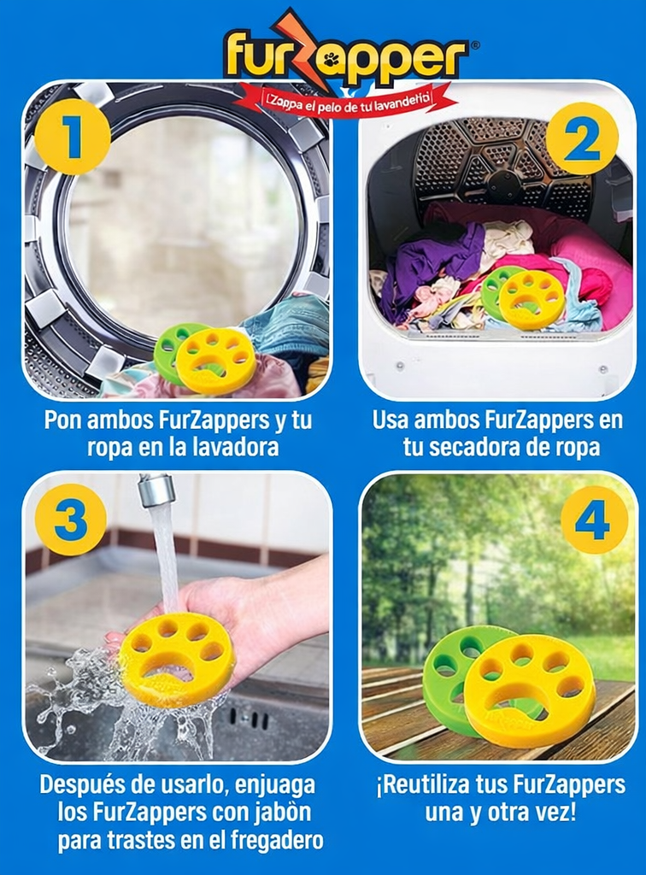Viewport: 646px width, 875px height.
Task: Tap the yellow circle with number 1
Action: (x=73, y=137)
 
